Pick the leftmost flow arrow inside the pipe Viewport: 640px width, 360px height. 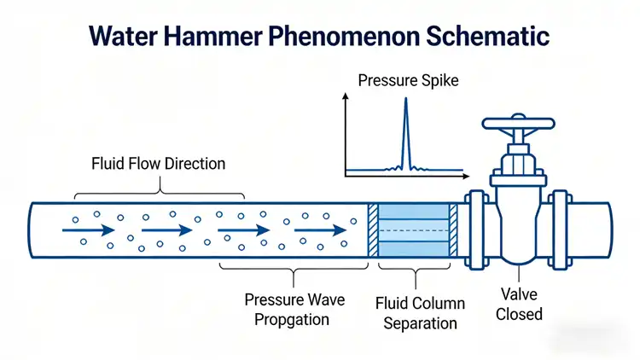(x=88, y=229)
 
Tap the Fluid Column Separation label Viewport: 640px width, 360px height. (x=420, y=313)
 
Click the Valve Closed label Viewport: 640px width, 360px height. (x=520, y=305)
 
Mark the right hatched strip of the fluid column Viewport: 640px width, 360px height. (x=454, y=229)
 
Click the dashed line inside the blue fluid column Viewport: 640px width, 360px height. (x=413, y=229)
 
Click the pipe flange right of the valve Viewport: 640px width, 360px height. (x=561, y=229)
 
